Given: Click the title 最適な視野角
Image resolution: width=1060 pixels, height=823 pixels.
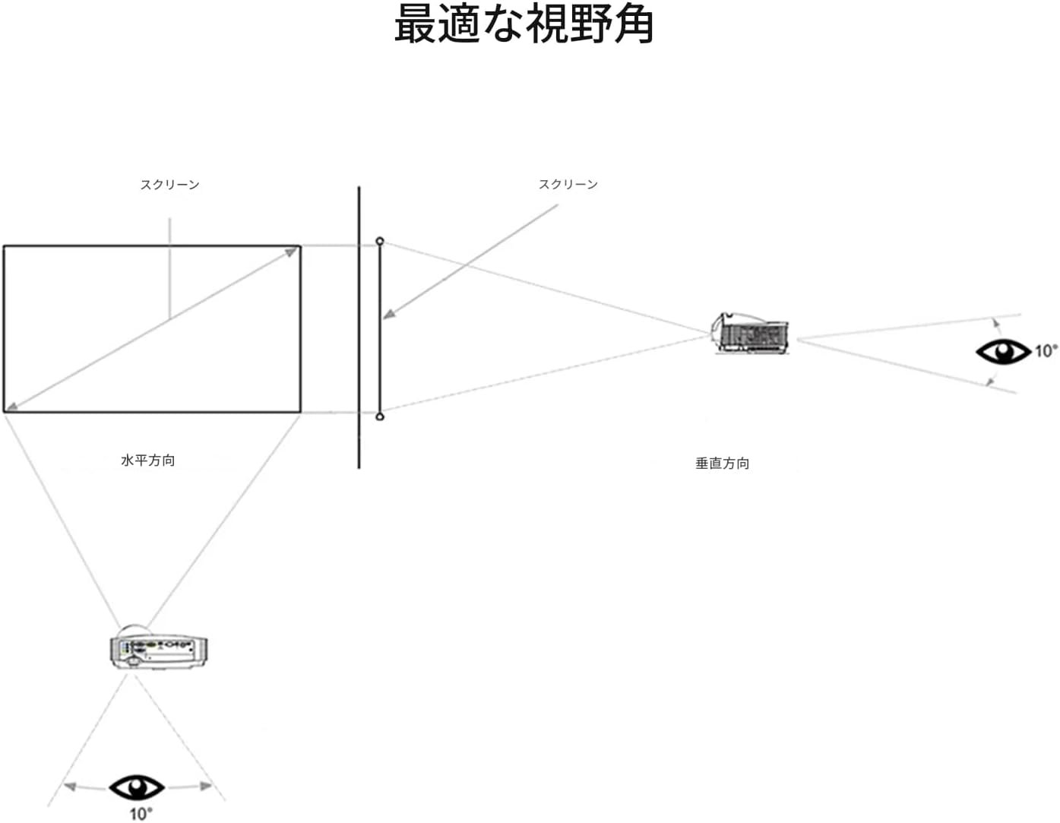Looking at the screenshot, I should click(x=524, y=26).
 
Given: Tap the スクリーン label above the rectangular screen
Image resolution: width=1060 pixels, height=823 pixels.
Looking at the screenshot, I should click(x=169, y=185).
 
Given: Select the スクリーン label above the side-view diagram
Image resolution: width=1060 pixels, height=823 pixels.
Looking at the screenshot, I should click(x=568, y=184).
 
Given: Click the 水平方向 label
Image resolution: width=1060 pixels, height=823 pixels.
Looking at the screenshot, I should click(x=147, y=460).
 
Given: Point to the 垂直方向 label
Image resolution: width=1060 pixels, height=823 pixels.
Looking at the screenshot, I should click(x=722, y=463).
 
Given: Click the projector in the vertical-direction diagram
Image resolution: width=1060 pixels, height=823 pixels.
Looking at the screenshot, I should click(x=751, y=333).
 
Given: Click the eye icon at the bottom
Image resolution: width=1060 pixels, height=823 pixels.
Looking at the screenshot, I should click(x=137, y=787).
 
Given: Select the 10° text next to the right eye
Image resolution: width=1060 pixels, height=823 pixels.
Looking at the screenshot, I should click(x=1045, y=350).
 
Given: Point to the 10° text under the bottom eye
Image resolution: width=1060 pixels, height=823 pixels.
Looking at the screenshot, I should click(x=140, y=814).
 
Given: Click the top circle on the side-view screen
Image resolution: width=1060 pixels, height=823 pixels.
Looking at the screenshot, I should click(x=380, y=242).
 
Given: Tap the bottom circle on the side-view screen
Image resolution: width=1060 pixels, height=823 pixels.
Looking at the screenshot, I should click(x=380, y=416).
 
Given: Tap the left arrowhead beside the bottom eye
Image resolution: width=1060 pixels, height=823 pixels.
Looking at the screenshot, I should click(x=69, y=787).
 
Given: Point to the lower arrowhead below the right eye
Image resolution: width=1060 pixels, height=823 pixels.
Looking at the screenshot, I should click(x=989, y=380).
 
